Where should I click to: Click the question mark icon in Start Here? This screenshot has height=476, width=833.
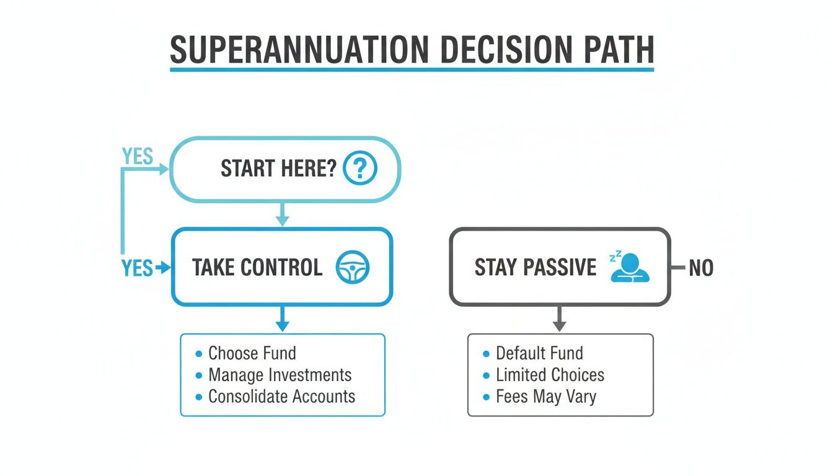click(x=359, y=169)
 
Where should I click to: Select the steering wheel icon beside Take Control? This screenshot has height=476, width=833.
click(x=352, y=268)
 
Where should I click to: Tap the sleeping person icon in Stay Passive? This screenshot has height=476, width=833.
click(x=630, y=268)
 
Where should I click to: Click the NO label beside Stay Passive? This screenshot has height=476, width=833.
click(x=701, y=268)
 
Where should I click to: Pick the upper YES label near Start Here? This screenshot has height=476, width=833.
click(x=138, y=157)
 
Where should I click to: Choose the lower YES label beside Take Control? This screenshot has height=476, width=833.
click(x=137, y=268)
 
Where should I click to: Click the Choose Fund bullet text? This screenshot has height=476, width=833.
click(x=252, y=353)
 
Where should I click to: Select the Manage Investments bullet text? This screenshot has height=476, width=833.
click(x=280, y=375)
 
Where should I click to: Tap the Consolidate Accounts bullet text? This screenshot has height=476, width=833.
click(x=281, y=397)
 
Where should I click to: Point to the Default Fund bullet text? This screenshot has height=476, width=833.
click(x=539, y=353)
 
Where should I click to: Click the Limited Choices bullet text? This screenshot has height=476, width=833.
click(x=550, y=375)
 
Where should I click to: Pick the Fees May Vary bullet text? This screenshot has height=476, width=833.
click(x=545, y=397)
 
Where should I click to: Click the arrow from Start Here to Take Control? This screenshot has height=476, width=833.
click(x=282, y=214)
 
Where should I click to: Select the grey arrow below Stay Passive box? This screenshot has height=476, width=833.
click(x=559, y=319)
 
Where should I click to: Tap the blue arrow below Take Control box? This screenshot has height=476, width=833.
click(x=282, y=319)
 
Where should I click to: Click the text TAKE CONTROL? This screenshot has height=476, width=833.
click(x=257, y=268)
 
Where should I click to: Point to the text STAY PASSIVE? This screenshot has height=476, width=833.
click(x=535, y=268)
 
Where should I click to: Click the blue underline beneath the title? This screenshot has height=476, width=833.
click(x=412, y=69)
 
